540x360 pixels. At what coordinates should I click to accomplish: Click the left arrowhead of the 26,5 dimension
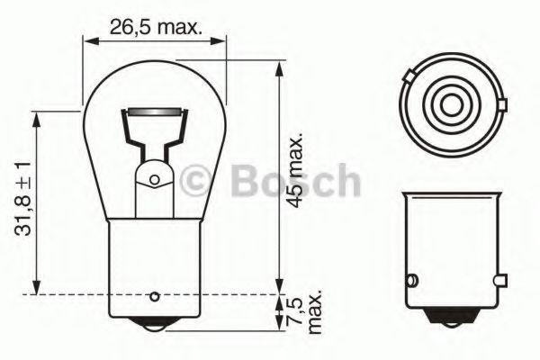(x=88, y=40)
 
